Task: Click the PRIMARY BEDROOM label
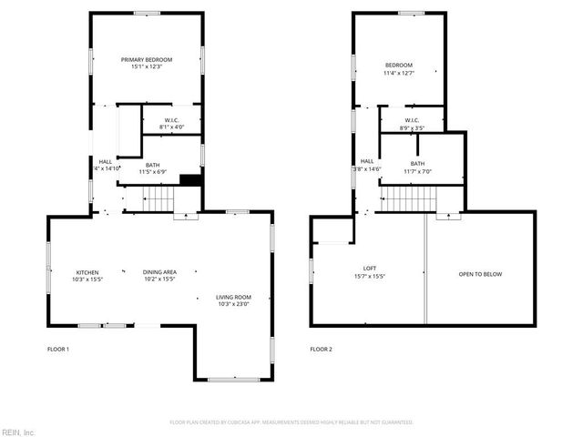pyautogui.click(x=147, y=59)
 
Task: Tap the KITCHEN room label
pyautogui.click(x=87, y=271)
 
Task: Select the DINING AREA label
pyautogui.click(x=159, y=271)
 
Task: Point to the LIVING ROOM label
pyautogui.click(x=234, y=297)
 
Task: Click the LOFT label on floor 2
pyautogui.click(x=370, y=268)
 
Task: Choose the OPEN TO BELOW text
pyautogui.click(x=480, y=274)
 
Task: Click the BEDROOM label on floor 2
pyautogui.click(x=398, y=65)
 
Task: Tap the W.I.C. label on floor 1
pyautogui.click(x=171, y=120)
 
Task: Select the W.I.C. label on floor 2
pyautogui.click(x=412, y=119)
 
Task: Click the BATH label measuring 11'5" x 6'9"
pyautogui.click(x=152, y=165)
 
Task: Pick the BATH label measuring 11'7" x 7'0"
pyautogui.click(x=416, y=163)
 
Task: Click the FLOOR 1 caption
pyautogui.click(x=58, y=350)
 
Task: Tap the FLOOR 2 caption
pyautogui.click(x=322, y=350)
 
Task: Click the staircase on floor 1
pyautogui.click(x=157, y=198)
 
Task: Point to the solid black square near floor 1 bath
pyautogui.click(x=190, y=180)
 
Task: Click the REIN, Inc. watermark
pyautogui.click(x=17, y=432)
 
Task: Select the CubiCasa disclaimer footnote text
pyautogui.click(x=291, y=422)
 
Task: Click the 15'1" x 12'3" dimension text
pyautogui.click(x=147, y=66)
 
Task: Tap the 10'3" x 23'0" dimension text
pyautogui.click(x=234, y=304)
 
